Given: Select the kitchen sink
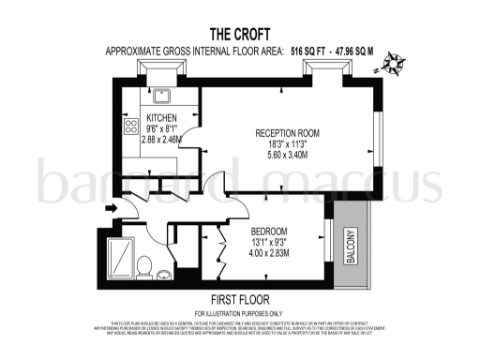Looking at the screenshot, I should pyautogui.click(x=159, y=93).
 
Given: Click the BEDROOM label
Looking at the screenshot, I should pyautogui.click(x=270, y=231).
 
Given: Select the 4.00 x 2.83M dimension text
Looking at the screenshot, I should pyautogui.click(x=270, y=253).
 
